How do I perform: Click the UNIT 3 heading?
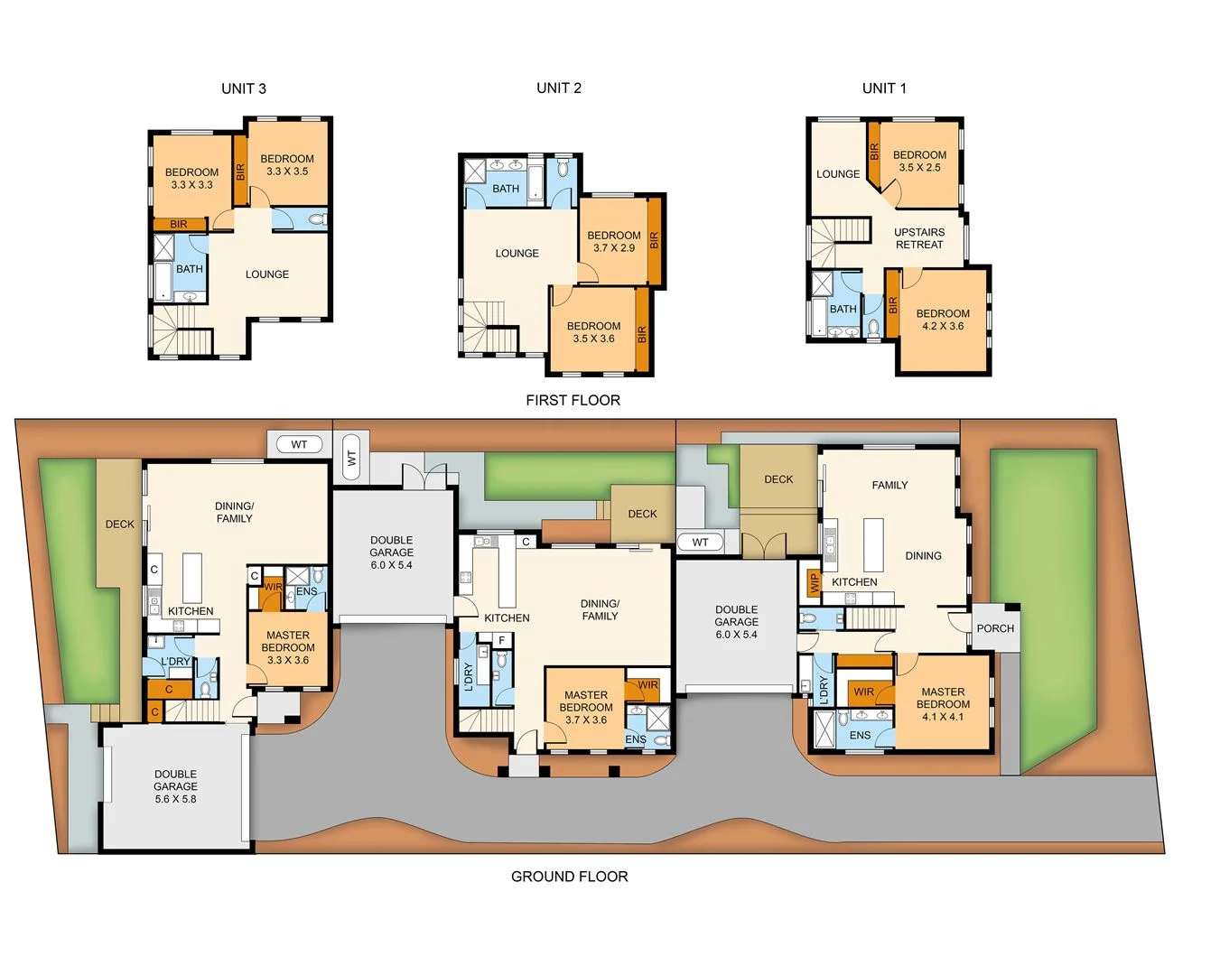(244, 88)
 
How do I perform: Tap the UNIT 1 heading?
(884, 88)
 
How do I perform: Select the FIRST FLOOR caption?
(573, 400)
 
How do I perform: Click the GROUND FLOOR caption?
(569, 877)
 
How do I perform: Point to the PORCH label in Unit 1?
(995, 628)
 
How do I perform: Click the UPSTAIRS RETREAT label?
(919, 238)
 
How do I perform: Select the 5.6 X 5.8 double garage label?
(175, 786)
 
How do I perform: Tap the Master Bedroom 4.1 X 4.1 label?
(943, 704)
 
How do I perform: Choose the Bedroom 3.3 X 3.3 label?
(191, 178)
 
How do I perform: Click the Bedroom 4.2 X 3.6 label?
(943, 320)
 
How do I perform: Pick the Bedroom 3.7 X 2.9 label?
(614, 241)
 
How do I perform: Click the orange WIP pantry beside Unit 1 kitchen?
(814, 582)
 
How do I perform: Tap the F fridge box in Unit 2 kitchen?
(502, 640)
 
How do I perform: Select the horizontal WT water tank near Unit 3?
(299, 444)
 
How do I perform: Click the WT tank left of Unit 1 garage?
(701, 542)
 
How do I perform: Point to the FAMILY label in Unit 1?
(889, 485)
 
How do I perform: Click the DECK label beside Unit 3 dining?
(119, 524)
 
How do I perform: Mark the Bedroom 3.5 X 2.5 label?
(919, 161)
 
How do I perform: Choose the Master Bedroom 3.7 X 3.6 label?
(586, 708)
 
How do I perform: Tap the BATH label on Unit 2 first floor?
(506, 189)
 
